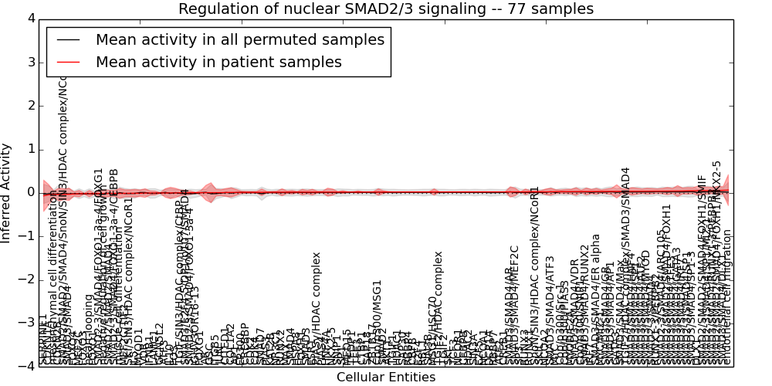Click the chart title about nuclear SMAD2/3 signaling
pos(386,8)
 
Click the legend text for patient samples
pos(218,63)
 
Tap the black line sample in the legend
pos(67,40)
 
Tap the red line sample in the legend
pos(67,63)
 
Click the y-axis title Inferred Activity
pos(7,192)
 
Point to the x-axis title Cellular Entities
pos(386,377)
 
